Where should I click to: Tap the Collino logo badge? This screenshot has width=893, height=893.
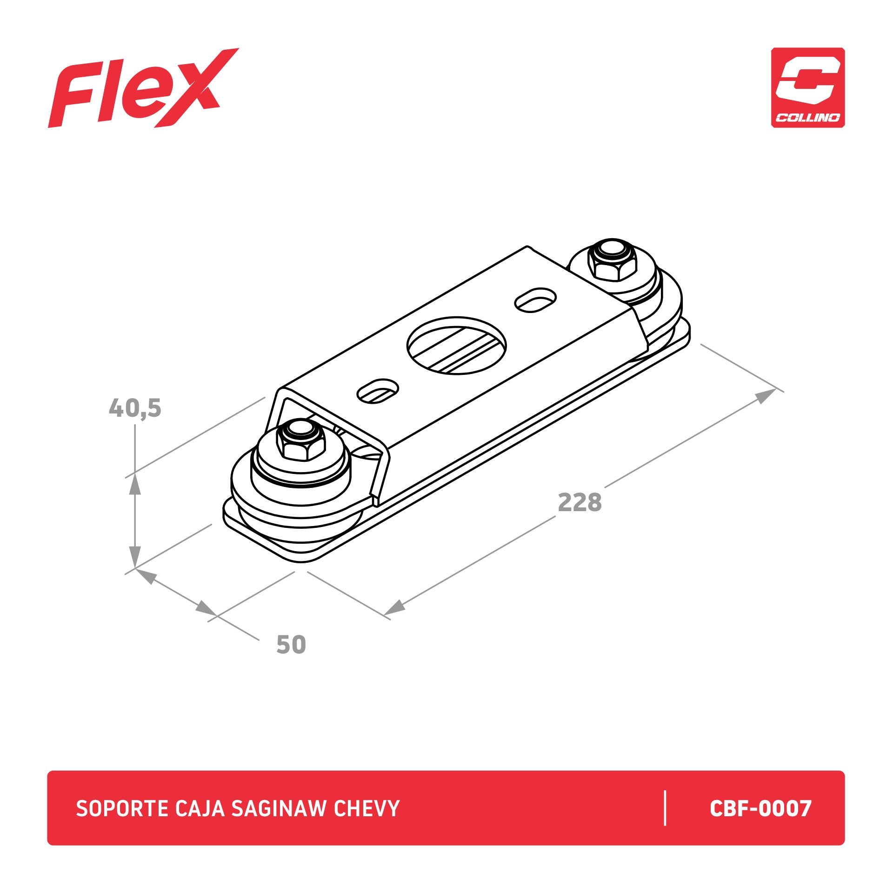tap(808, 87)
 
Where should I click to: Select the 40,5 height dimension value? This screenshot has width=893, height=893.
tap(135, 408)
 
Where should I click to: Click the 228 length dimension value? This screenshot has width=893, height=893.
tap(580, 502)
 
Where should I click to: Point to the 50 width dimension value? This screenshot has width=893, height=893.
tap(291, 645)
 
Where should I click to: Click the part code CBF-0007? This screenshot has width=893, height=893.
tap(760, 808)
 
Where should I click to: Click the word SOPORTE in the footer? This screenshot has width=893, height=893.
tap(122, 808)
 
